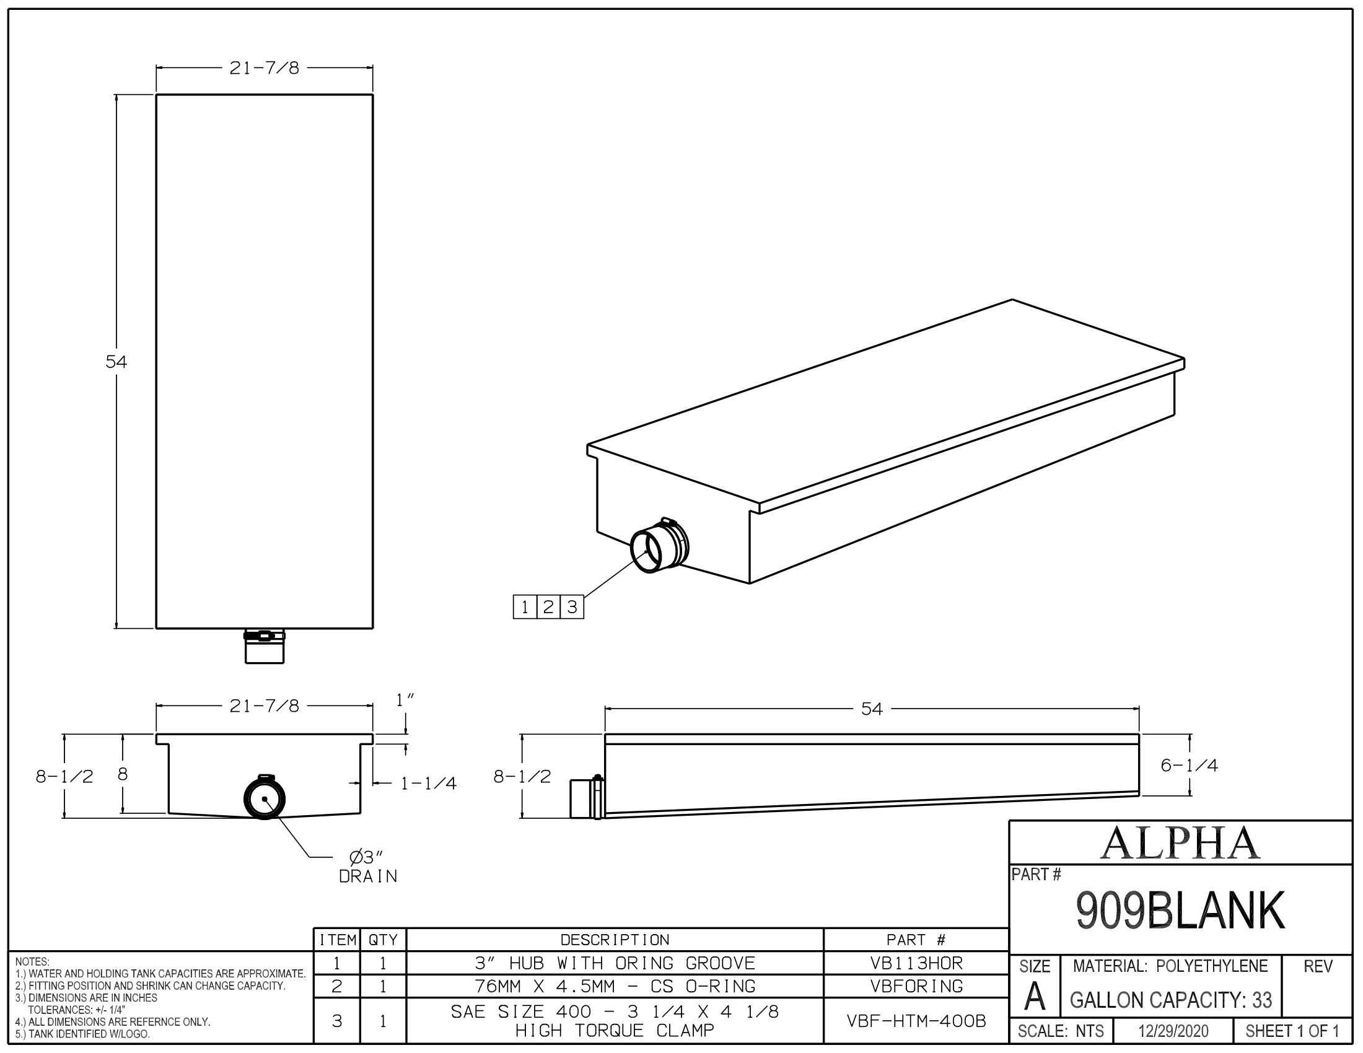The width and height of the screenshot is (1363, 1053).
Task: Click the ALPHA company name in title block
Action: pyautogui.click(x=1180, y=844)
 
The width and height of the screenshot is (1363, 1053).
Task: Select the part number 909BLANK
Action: pyautogui.click(x=1180, y=911)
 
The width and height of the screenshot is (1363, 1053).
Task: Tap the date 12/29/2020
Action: pyautogui.click(x=1173, y=1031)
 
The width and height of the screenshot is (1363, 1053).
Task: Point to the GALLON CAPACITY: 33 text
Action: pyautogui.click(x=1171, y=1000)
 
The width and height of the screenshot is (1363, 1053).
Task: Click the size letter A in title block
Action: pyautogui.click(x=1034, y=997)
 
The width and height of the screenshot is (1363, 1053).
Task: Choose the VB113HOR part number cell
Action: pyautogui.click(x=916, y=963)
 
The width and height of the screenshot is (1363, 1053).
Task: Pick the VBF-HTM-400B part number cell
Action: pyautogui.click(x=916, y=1021)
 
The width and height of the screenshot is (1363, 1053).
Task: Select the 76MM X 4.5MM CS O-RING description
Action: pyautogui.click(x=615, y=986)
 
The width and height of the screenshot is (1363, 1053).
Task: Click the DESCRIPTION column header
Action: pyautogui.click(x=615, y=940)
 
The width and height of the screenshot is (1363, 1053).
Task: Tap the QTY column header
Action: pyautogui.click(x=382, y=940)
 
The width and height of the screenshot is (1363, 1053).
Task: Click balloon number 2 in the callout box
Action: pyautogui.click(x=548, y=607)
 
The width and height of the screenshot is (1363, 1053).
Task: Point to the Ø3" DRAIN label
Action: pyautogui.click(x=367, y=867)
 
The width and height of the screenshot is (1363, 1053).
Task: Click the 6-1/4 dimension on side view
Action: pyautogui.click(x=1189, y=766)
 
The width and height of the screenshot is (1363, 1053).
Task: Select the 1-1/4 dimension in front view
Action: pyautogui.click(x=428, y=784)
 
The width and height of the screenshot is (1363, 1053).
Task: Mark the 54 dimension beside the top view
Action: pyautogui.click(x=116, y=362)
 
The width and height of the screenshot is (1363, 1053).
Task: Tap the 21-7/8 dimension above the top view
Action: pyautogui.click(x=264, y=69)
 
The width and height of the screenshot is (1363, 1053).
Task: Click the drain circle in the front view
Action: pyautogui.click(x=265, y=799)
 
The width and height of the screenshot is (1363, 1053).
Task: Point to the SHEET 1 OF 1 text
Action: pyautogui.click(x=1292, y=1031)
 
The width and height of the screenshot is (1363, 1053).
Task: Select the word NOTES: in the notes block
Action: pyautogui.click(x=32, y=962)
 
